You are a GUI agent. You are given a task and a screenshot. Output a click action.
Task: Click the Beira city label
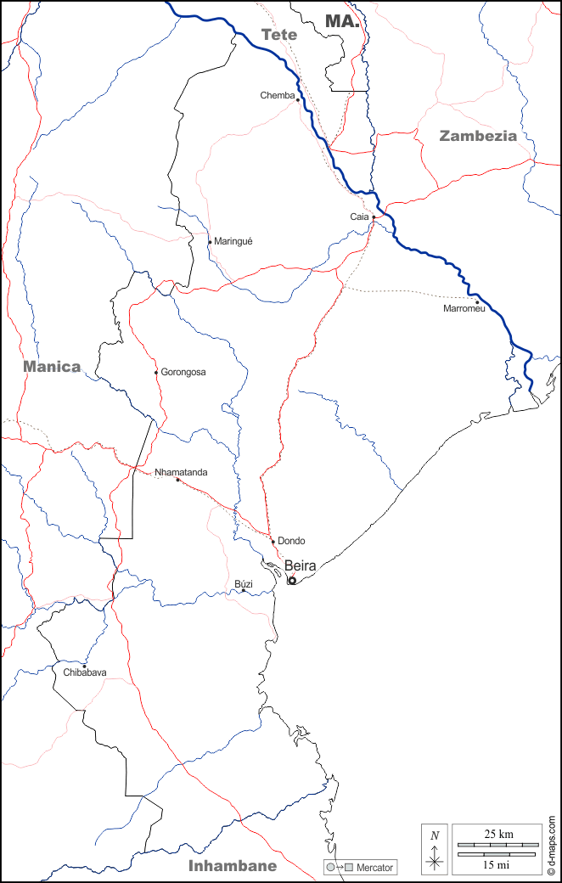click(x=301, y=565)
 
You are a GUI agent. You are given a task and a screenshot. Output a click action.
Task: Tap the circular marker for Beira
click(x=292, y=581)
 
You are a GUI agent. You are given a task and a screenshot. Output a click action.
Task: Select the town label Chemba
click(x=277, y=96)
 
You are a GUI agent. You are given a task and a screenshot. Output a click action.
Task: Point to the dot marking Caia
click(x=374, y=217)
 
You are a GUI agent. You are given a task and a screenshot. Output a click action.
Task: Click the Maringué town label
click(x=233, y=241)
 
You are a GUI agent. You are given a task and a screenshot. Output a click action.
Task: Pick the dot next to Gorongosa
click(x=156, y=372)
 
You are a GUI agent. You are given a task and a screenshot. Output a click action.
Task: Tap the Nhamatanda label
click(x=181, y=472)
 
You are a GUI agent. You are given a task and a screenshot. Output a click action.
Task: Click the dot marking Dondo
click(x=273, y=541)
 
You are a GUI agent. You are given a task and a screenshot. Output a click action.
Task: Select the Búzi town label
click(x=244, y=584)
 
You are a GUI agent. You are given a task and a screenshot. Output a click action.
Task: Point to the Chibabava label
click(x=85, y=672)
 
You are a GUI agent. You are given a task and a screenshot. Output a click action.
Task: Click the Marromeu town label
click(x=464, y=309)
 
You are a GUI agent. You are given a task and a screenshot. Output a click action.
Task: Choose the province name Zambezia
click(x=478, y=135)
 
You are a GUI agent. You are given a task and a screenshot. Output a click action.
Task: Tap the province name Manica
click(x=52, y=367)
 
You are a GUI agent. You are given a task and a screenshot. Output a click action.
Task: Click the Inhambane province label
click(x=232, y=866)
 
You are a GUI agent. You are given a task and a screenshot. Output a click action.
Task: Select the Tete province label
click(x=279, y=35)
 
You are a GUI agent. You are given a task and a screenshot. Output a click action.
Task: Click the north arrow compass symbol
click(x=435, y=849)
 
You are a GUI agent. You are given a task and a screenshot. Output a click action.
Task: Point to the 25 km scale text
click(x=497, y=835)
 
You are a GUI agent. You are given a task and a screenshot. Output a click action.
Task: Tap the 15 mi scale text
click(x=497, y=864)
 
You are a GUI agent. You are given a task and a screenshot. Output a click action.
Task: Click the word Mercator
click(x=375, y=868)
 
